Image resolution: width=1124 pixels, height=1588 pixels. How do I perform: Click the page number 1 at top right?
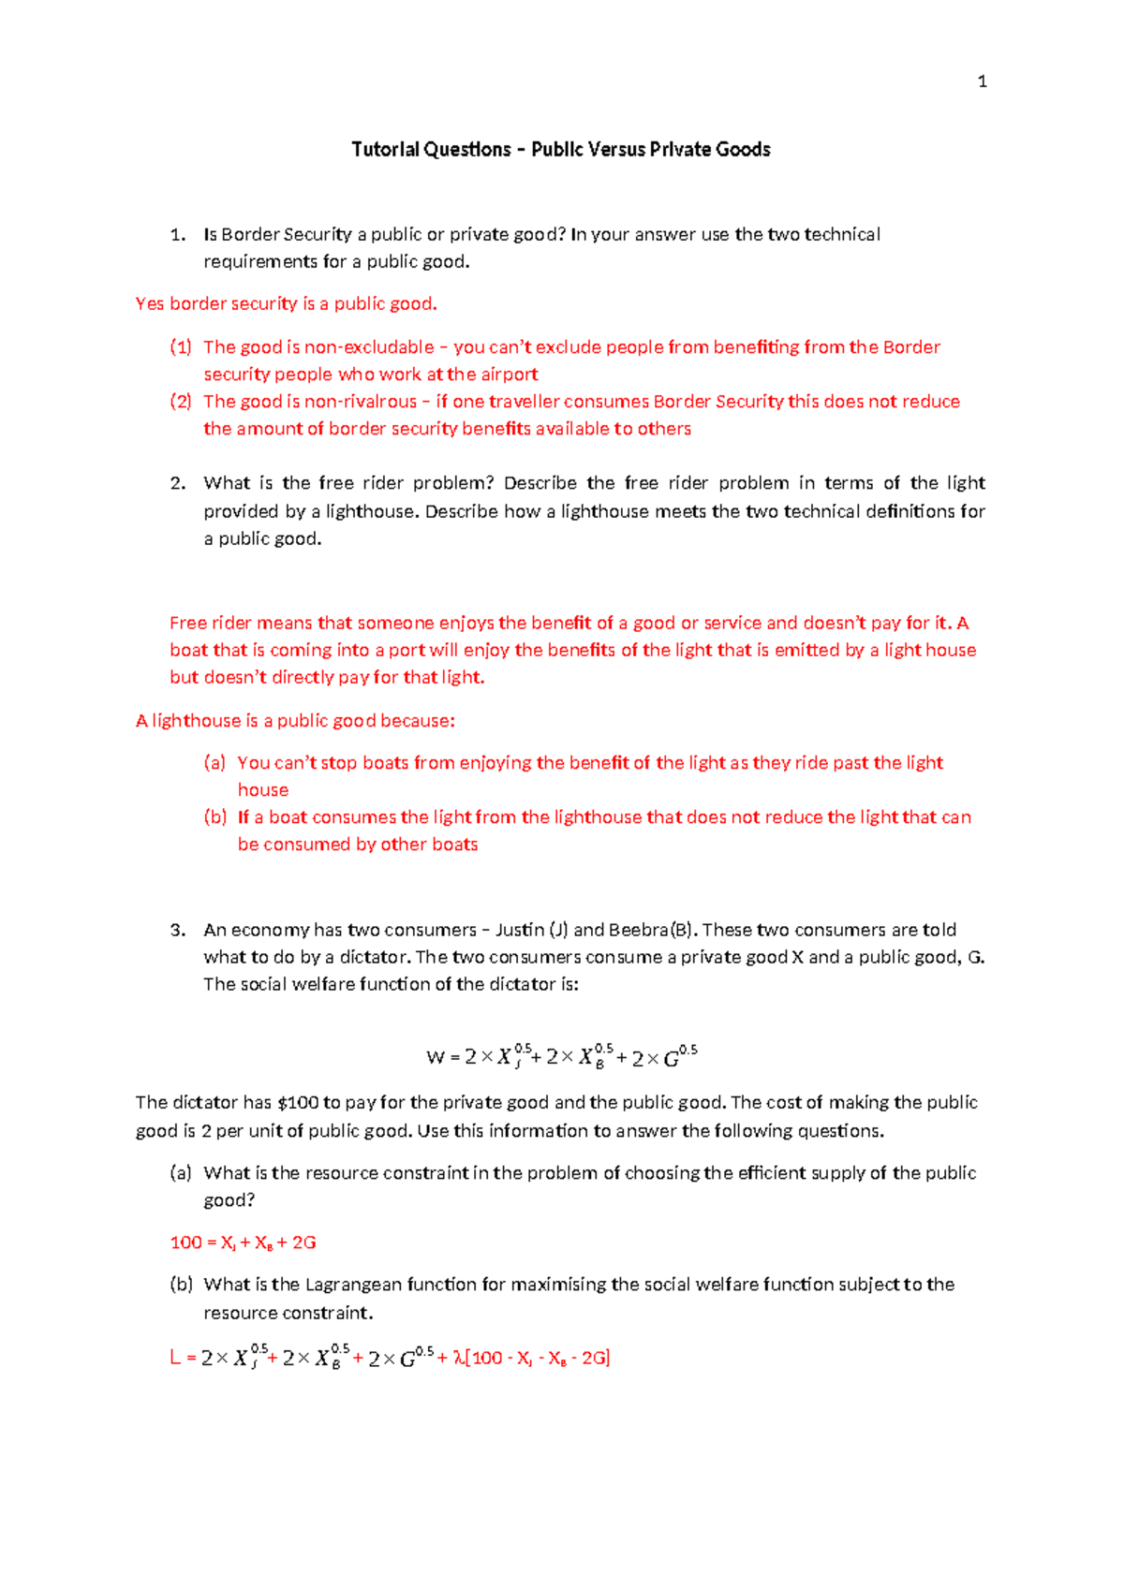pyautogui.click(x=982, y=82)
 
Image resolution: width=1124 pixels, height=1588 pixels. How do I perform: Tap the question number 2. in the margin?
pyautogui.click(x=178, y=483)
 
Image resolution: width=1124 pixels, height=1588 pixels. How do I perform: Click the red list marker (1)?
pyautogui.click(x=180, y=347)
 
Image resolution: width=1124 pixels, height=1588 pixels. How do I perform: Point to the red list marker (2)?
pyautogui.click(x=180, y=402)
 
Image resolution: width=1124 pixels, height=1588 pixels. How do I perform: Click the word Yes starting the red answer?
pyautogui.click(x=150, y=304)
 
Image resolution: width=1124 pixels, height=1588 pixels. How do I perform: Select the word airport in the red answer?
pyautogui.click(x=510, y=375)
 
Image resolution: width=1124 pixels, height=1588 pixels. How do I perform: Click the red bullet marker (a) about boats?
pyautogui.click(x=214, y=763)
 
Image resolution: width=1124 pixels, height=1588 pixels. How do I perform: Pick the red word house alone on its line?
pyautogui.click(x=263, y=790)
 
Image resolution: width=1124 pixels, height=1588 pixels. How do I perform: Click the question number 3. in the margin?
pyautogui.click(x=178, y=930)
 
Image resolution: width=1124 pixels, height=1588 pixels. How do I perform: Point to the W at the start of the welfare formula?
pyautogui.click(x=436, y=1058)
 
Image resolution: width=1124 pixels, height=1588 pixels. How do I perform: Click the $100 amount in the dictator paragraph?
pyautogui.click(x=298, y=1103)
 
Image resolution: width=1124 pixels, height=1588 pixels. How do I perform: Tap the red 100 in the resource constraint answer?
pyautogui.click(x=185, y=1242)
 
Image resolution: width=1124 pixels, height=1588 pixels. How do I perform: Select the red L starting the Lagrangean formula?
pyautogui.click(x=175, y=1359)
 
